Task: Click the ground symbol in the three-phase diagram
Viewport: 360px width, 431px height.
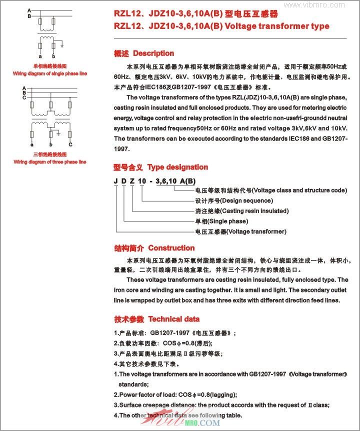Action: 58,134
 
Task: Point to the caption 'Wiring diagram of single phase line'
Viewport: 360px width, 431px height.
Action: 49,73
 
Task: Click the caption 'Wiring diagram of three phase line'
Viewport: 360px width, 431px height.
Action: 49,162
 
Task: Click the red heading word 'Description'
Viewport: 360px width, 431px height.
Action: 153,53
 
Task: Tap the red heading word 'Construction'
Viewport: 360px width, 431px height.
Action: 171,248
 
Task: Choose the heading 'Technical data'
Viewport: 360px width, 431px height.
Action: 173,319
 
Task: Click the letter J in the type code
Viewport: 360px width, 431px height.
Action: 116,180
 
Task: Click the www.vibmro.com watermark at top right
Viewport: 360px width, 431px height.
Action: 329,4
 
